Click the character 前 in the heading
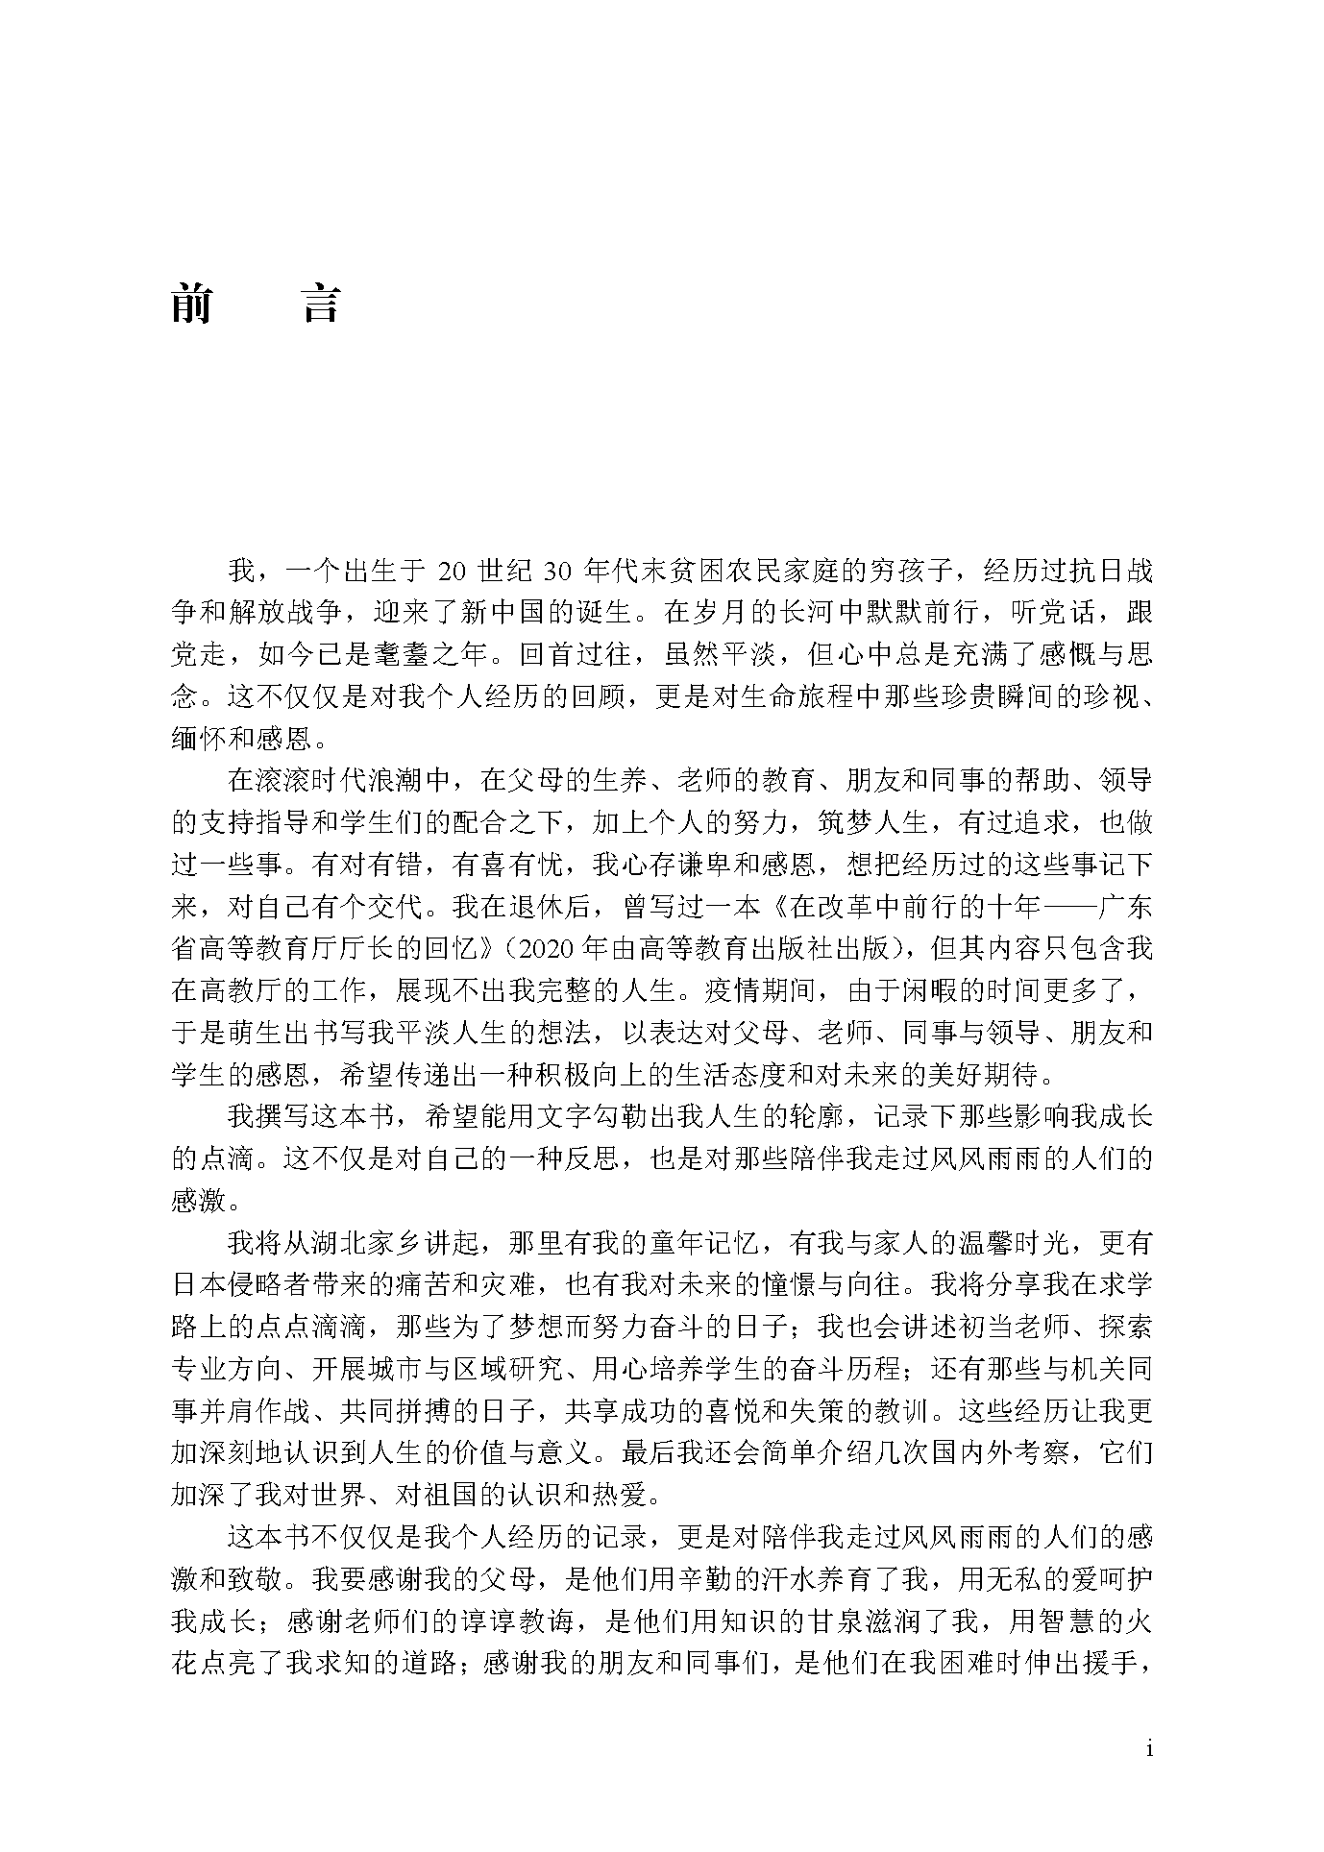coord(192,304)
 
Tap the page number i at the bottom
coord(1149,1748)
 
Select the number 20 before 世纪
coord(453,571)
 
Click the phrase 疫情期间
coord(767,990)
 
